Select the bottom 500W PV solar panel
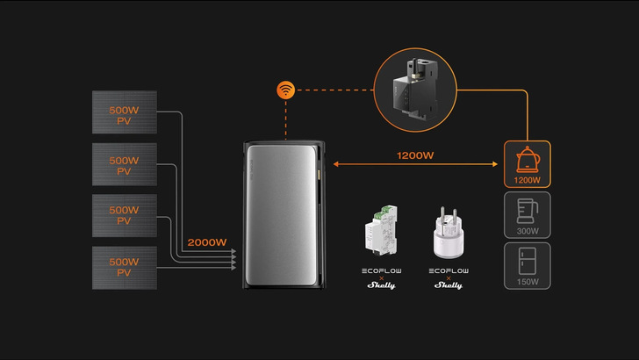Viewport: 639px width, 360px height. (x=125, y=268)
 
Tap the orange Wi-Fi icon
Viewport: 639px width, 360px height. (x=284, y=90)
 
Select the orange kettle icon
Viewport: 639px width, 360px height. (x=527, y=158)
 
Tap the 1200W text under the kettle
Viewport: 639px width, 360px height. (x=527, y=180)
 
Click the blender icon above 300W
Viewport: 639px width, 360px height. (x=527, y=209)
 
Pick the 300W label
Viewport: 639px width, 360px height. (x=527, y=231)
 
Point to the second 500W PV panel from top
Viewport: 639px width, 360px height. (x=125, y=165)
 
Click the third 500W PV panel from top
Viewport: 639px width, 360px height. (x=125, y=216)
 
